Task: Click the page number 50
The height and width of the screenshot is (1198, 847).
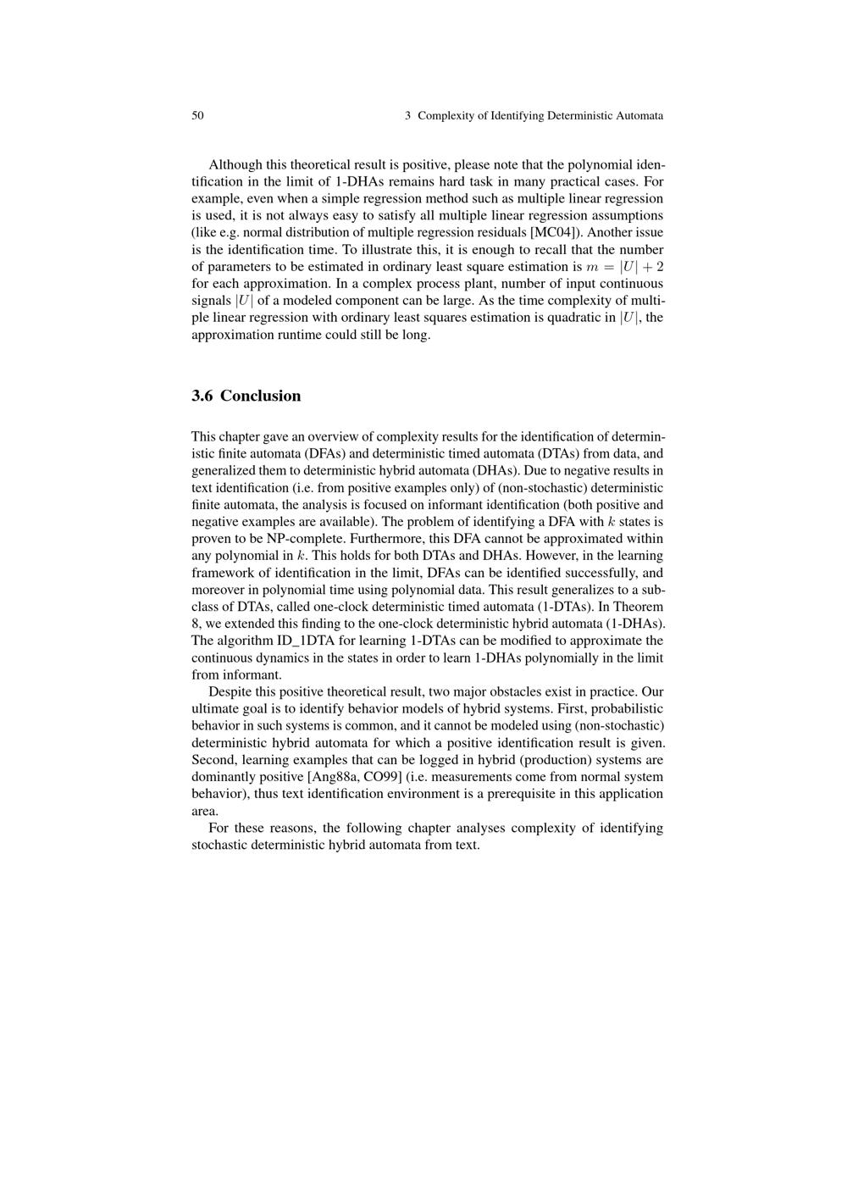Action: pyautogui.click(x=197, y=115)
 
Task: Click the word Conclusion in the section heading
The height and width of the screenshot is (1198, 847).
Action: pyautogui.click(x=260, y=396)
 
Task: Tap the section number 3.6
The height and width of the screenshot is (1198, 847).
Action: pyautogui.click(x=202, y=396)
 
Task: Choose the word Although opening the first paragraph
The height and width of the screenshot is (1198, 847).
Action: pyautogui.click(x=235, y=164)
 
